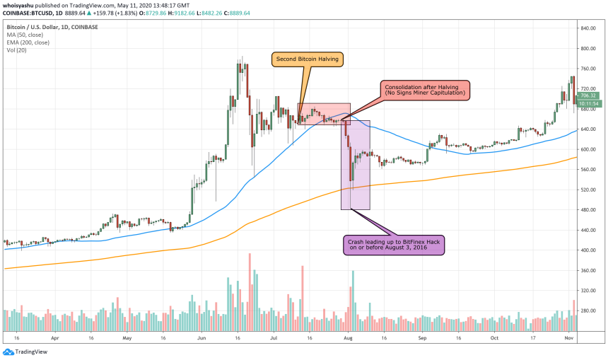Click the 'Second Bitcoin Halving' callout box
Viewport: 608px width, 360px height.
coord(308,59)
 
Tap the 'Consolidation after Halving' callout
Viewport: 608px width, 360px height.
coord(424,89)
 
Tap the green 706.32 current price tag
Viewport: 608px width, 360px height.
coord(589,95)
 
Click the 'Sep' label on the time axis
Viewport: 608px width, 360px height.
coord(422,338)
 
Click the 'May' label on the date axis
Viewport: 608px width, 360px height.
coord(127,338)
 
